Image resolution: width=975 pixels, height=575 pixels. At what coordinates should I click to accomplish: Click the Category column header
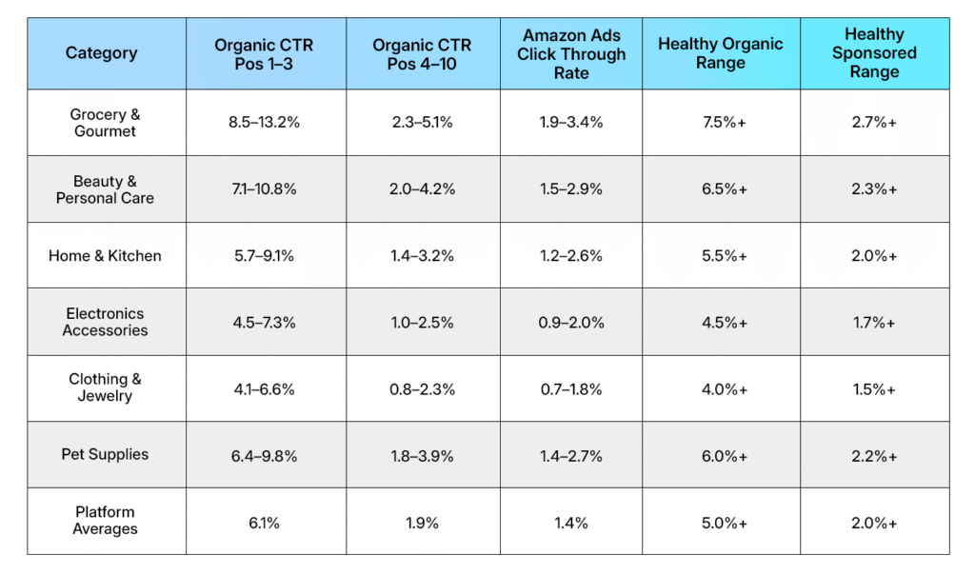point(101,53)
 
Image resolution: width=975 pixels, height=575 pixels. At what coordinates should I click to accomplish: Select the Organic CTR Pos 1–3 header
point(264,54)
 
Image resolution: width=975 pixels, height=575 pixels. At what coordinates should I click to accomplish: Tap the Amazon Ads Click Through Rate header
point(570,54)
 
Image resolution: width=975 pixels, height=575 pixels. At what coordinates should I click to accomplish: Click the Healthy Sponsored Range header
point(873,53)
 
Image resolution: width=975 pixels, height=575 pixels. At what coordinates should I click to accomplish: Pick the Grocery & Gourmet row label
point(105,123)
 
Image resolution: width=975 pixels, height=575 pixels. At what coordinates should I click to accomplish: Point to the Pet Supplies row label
point(105,454)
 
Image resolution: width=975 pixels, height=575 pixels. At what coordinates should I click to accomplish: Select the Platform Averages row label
point(105,521)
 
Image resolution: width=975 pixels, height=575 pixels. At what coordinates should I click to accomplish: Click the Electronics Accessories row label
point(105,322)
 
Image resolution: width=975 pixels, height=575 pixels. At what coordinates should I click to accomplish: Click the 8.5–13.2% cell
point(265,123)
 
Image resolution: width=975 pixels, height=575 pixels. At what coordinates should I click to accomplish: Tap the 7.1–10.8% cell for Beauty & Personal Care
point(265,189)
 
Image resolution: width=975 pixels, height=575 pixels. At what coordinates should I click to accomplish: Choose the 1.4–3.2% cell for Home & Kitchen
point(422,256)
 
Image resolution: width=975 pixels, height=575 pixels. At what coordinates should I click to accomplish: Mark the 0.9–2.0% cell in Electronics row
point(570,323)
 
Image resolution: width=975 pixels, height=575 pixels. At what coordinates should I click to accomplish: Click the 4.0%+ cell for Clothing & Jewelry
point(720,389)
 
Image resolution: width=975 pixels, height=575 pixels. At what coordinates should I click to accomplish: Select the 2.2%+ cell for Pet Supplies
point(873,456)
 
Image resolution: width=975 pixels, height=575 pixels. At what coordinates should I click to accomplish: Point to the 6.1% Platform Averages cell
point(265,523)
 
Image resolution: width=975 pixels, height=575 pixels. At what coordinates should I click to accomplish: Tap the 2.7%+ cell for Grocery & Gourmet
point(873,123)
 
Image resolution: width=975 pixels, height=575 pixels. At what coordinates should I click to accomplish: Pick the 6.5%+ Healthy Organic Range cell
point(720,189)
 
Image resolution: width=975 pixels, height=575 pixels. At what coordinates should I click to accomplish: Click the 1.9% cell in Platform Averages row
point(422,523)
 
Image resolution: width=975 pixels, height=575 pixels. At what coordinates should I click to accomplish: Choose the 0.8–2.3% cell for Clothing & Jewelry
point(422,389)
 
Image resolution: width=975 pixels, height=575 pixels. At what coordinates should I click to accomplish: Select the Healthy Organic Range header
point(720,54)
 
